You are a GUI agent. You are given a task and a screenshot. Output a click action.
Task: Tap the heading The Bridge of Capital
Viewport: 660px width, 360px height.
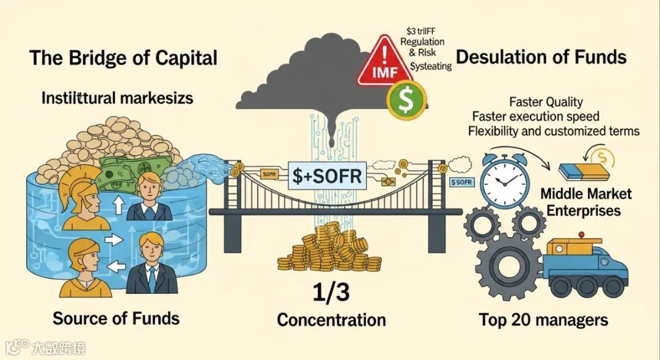pos(123,58)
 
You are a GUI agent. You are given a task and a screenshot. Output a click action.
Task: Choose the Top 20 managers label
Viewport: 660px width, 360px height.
pos(543,320)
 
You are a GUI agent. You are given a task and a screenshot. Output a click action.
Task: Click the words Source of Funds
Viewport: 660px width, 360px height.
pos(116,318)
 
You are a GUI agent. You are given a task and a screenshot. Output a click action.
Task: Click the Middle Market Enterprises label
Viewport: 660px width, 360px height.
pos(586,202)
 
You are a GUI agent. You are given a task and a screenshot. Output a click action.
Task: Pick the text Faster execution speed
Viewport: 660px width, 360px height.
pos(536,116)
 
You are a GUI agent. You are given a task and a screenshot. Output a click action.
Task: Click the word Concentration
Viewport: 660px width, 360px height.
pos(331,320)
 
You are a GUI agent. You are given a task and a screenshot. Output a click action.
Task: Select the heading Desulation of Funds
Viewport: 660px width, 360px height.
pos(541,57)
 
